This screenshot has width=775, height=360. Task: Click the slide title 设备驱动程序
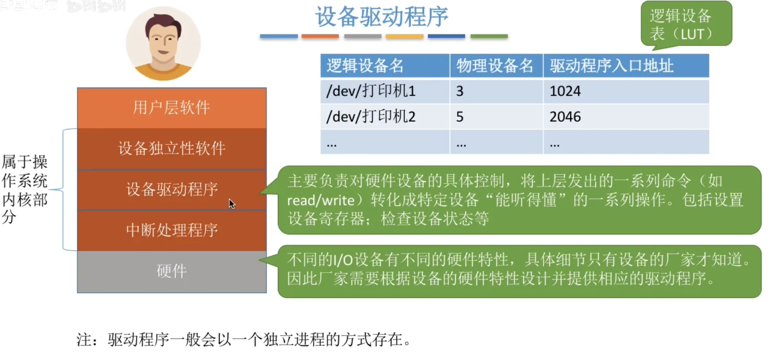382,17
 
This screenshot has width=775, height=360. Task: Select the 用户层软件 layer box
172,108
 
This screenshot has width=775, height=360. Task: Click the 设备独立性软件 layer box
172,149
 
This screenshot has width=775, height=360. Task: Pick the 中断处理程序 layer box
172,230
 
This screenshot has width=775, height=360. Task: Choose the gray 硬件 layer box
172,271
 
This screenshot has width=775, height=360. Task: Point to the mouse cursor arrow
232,204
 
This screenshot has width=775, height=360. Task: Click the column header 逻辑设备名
365,66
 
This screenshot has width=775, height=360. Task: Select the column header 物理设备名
495,66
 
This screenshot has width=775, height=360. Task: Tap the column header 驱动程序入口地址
612,66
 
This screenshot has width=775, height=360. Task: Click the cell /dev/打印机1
371,91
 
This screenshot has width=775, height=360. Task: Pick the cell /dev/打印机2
371,116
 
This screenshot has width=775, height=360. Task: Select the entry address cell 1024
565,91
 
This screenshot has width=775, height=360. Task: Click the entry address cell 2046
565,117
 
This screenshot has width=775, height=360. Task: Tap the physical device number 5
460,117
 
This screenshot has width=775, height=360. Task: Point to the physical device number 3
460,91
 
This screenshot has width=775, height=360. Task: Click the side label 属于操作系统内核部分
25,189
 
